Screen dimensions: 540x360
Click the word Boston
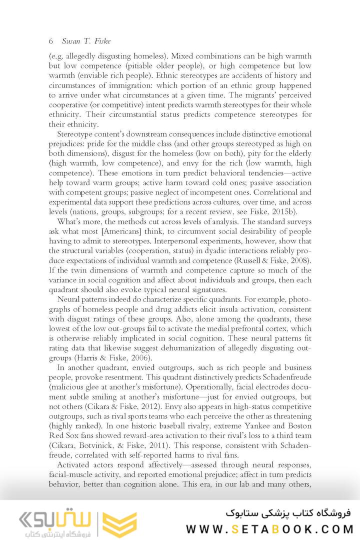click(297, 425)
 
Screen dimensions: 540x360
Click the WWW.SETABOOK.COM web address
click(269, 529)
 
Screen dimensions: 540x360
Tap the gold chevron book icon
click(119, 524)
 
